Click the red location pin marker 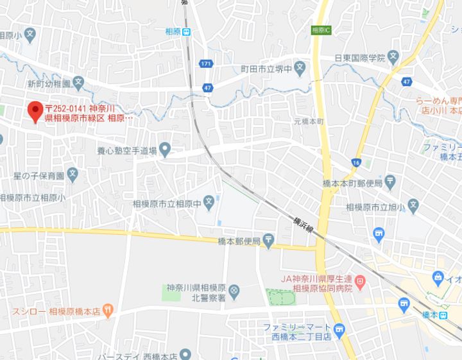(x=35, y=111)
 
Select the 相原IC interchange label (x=320, y=30)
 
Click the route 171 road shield (x=205, y=64)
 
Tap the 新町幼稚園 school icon (x=78, y=82)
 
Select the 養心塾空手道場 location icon (x=165, y=151)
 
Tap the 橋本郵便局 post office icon (x=268, y=241)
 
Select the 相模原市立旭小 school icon (x=413, y=207)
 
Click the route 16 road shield (x=355, y=163)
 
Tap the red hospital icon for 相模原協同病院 (x=360, y=280)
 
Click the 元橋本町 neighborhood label (x=310, y=121)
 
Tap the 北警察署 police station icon (x=234, y=291)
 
